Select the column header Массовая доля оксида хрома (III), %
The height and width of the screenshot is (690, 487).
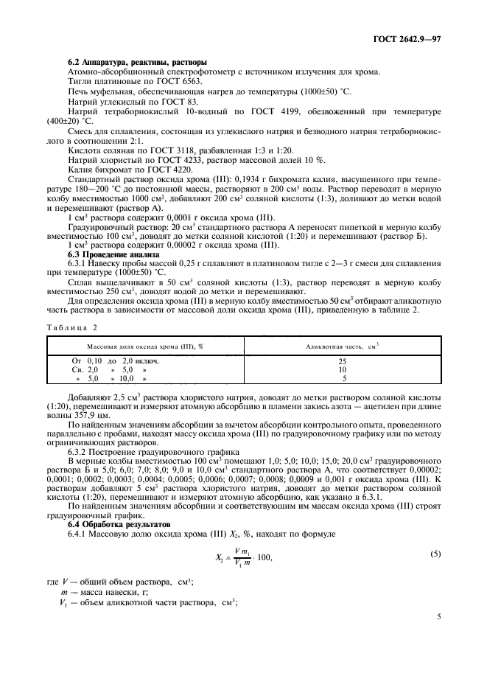[x=145, y=345]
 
